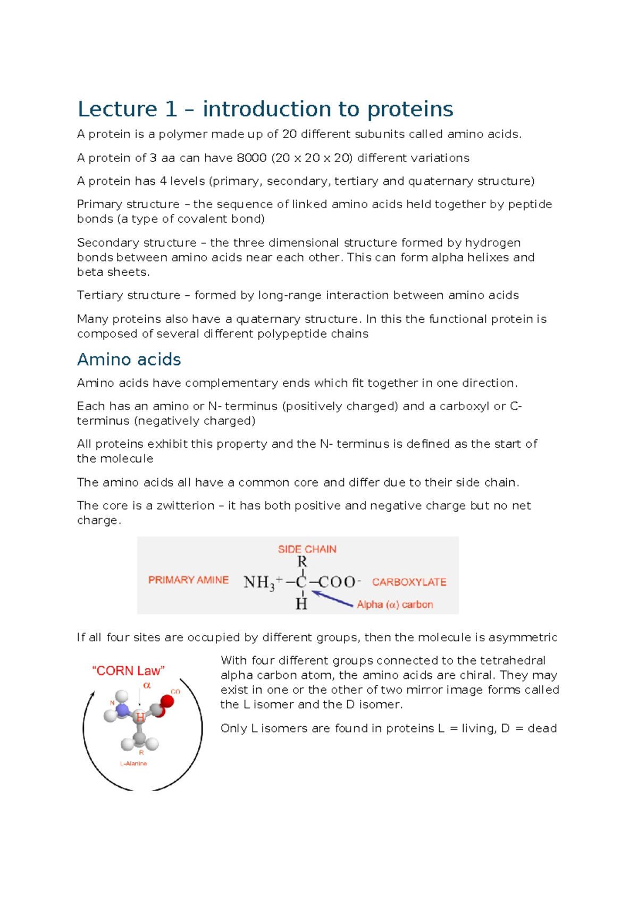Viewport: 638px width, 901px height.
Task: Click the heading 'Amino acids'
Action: [129, 360]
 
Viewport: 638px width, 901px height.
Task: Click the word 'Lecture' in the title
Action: [117, 109]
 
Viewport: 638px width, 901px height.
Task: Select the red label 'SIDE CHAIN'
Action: [307, 549]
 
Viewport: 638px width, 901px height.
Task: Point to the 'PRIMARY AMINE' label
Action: [188, 580]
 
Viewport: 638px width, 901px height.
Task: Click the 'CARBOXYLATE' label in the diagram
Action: [409, 582]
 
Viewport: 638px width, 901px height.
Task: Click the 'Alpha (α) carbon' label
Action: [394, 605]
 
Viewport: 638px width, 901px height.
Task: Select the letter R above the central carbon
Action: [302, 562]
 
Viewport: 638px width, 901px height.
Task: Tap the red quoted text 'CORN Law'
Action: [128, 671]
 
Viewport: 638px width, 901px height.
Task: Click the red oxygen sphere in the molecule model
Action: [167, 701]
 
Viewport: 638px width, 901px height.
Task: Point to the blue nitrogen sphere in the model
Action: [122, 710]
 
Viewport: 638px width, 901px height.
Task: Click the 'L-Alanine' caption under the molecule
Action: [133, 763]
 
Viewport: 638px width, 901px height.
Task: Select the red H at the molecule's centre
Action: [140, 718]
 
